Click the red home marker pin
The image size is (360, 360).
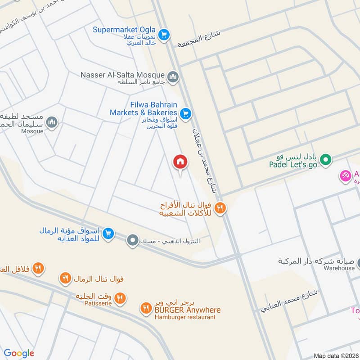[180, 162]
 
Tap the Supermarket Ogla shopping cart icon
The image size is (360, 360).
[164, 34]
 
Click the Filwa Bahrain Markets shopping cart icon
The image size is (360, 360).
[184, 113]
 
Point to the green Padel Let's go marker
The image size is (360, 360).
[326, 159]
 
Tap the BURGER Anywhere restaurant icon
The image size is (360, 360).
[145, 308]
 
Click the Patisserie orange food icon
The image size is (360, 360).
[120, 297]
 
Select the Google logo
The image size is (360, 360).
[19, 353]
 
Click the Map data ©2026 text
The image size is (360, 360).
[335, 356]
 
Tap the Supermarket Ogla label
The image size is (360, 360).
[124, 30]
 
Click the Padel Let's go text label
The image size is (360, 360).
[293, 165]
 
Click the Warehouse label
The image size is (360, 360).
[339, 268]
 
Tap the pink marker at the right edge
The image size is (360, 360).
[346, 175]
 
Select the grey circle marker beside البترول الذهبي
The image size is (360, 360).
[132, 241]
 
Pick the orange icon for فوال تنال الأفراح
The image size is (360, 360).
[220, 207]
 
